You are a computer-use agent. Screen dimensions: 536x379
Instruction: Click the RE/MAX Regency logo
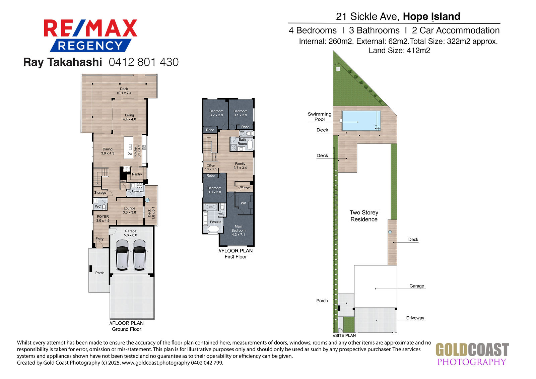90,36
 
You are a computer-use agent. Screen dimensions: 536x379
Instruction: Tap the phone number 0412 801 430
144,62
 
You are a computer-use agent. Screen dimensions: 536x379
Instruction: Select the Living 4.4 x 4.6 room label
129,117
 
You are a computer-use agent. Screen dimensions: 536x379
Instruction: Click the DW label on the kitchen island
130,154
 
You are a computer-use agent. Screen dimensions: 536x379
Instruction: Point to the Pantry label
137,174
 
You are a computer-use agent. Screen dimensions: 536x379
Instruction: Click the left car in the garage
122,255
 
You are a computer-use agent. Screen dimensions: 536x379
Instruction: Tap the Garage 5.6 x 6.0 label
130,233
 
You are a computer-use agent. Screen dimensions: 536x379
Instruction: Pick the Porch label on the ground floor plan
100,273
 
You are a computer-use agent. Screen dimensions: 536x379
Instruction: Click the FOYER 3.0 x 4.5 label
103,218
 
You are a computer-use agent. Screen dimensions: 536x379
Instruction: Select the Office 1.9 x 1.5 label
211,167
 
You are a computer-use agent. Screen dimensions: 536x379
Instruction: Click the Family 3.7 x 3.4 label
240,166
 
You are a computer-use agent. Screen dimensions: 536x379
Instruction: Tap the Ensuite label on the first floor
216,222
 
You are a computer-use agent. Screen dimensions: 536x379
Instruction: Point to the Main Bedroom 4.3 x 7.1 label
238,230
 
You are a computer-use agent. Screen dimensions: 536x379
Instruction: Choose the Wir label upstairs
243,203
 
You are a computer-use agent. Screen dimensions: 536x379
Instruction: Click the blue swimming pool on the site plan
361,120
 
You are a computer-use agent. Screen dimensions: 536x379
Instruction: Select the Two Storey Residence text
364,216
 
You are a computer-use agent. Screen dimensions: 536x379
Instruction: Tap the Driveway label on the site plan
415,318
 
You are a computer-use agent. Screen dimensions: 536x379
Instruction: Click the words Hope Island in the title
431,16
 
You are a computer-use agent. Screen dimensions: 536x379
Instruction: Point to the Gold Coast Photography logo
472,354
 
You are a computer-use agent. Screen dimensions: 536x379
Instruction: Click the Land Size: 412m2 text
399,51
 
